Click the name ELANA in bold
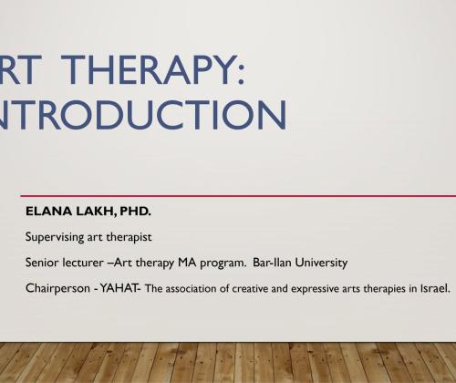pos(48,212)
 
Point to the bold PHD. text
pos(135,212)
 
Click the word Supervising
pos(55,237)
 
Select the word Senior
pos(42,263)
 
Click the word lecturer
pos(83,263)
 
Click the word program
pos(223,264)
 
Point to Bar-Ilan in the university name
pos(272,263)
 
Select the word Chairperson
pos(57,288)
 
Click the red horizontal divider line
pos(238,196)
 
